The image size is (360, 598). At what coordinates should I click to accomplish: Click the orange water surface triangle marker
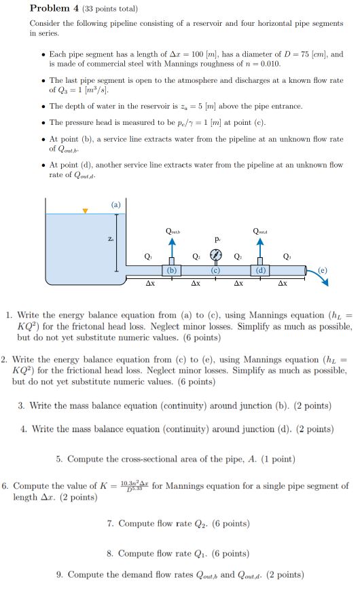point(85,211)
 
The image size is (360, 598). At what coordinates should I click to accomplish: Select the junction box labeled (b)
point(173,269)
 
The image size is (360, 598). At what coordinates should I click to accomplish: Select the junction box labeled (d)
point(259,269)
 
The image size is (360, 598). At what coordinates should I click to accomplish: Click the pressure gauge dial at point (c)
point(216,256)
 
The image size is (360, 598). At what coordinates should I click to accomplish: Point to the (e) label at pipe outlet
point(323,269)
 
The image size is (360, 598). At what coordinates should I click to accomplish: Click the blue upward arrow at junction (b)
point(173,248)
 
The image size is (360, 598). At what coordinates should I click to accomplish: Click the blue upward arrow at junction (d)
point(259,248)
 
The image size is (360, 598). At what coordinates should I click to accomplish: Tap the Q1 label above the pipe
point(148,257)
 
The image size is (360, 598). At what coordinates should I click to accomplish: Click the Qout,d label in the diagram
point(260,231)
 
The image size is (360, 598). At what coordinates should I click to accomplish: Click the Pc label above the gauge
point(217,240)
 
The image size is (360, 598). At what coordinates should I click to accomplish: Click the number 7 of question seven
point(110,523)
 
